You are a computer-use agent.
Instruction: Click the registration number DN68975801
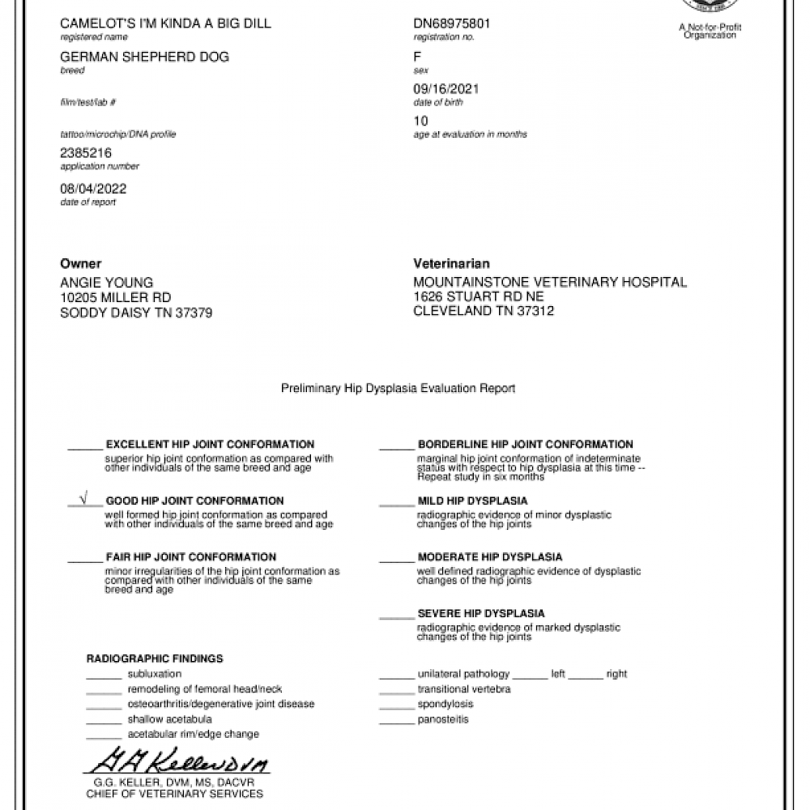pyautogui.click(x=451, y=23)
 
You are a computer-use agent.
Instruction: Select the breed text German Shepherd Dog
pyautogui.click(x=144, y=57)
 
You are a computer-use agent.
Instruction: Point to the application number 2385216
pyautogui.click(x=86, y=152)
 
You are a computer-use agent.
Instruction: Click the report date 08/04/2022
pyautogui.click(x=93, y=189)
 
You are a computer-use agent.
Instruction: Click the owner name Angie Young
pyautogui.click(x=106, y=283)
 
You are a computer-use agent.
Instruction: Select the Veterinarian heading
pyautogui.click(x=451, y=264)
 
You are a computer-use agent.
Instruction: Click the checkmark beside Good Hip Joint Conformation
pyautogui.click(x=84, y=499)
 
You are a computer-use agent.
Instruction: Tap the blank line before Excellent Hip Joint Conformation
pyautogui.click(x=84, y=446)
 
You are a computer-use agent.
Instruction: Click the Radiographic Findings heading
pyautogui.click(x=155, y=659)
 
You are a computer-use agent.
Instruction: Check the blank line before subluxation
pyautogui.click(x=103, y=676)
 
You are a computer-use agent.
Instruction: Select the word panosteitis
pyautogui.click(x=443, y=719)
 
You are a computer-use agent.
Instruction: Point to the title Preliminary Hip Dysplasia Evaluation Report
pyautogui.click(x=398, y=389)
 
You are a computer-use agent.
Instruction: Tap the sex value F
pyautogui.click(x=417, y=57)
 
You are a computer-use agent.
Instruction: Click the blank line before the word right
pyautogui.click(x=590, y=676)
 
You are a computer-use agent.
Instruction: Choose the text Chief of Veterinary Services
pyautogui.click(x=175, y=794)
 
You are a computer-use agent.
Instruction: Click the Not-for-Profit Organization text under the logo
pyautogui.click(x=710, y=32)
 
